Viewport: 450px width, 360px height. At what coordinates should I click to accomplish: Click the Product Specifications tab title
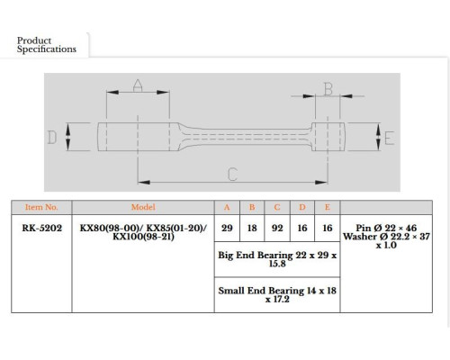[x=47, y=45]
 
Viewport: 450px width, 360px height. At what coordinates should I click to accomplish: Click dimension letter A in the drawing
[x=138, y=85]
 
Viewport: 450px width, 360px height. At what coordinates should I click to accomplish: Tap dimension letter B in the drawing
[x=328, y=89]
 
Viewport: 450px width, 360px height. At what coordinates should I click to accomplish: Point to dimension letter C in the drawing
[x=232, y=175]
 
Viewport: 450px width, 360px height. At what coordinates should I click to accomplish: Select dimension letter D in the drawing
[x=52, y=138]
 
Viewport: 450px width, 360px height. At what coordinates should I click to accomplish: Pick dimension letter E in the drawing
[x=389, y=139]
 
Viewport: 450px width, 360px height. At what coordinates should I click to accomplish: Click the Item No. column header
[x=41, y=207]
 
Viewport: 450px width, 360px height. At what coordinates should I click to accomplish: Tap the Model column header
[x=143, y=207]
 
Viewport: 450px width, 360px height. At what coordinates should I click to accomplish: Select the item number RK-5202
[x=41, y=228]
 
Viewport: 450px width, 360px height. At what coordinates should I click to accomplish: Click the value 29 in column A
[x=227, y=228]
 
